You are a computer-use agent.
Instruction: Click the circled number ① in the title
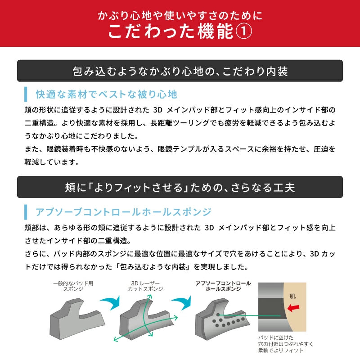pyautogui.click(x=244, y=31)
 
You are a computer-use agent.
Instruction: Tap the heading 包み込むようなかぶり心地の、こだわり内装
pyautogui.click(x=180, y=71)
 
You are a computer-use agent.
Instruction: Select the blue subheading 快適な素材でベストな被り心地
pyautogui.click(x=107, y=94)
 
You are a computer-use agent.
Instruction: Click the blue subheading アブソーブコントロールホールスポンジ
pyautogui.click(x=123, y=211)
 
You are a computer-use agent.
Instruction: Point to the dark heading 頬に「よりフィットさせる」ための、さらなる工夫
pyautogui.click(x=180, y=187)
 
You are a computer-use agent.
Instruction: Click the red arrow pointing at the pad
pyautogui.click(x=293, y=308)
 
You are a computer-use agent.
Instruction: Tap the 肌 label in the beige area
pyautogui.click(x=292, y=296)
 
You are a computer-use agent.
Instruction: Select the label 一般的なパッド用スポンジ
pyautogui.click(x=73, y=286)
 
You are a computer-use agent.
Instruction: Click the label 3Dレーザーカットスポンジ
pyautogui.click(x=145, y=286)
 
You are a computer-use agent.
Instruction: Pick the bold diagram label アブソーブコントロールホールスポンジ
pyautogui.click(x=223, y=286)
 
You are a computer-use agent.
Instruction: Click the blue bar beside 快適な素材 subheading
pyautogui.click(x=26, y=94)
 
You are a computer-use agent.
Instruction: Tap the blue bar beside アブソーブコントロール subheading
pyautogui.click(x=26, y=212)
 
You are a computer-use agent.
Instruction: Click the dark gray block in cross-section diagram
pyautogui.click(x=272, y=308)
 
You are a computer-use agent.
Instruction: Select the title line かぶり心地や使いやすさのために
pyautogui.click(x=180, y=16)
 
